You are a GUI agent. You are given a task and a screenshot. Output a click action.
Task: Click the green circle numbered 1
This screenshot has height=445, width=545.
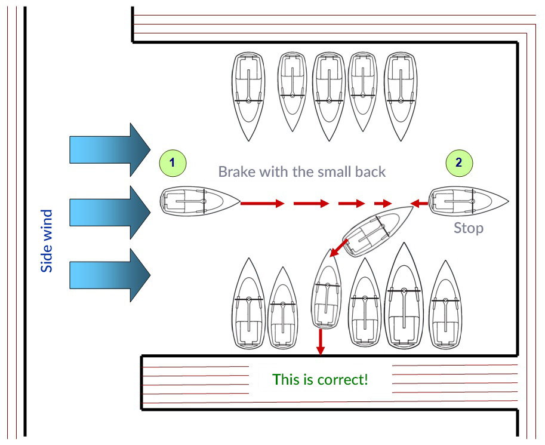coord(173,162)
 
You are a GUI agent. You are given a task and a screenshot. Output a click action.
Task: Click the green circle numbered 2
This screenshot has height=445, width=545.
coord(458,162)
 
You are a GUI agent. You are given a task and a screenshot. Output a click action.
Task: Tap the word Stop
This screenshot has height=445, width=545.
coord(469,228)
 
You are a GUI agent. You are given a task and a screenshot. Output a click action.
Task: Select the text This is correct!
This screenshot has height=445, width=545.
coord(320,379)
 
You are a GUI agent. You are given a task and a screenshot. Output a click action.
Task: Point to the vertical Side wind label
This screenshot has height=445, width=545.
coord(47,241)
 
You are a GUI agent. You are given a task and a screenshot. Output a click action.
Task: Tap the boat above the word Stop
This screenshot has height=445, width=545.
coord(469,201)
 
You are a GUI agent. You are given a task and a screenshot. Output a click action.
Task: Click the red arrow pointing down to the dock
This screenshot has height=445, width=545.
coord(321,341)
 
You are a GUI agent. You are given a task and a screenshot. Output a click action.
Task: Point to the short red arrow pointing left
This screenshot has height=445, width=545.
coord(420,204)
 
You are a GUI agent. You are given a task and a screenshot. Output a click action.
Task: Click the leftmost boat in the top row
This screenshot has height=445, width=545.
coord(248,96)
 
